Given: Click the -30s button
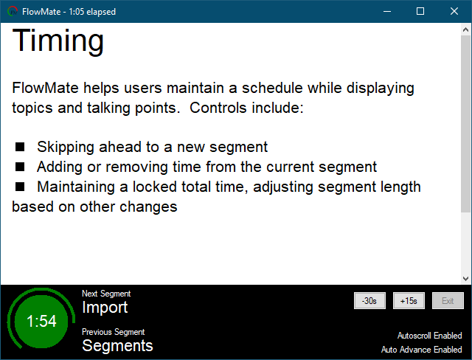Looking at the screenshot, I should pos(369,300).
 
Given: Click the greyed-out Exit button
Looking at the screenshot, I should pos(448,300).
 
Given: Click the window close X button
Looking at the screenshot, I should pos(454,11).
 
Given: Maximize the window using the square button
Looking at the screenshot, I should pos(420,11).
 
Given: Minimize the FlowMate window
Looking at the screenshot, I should pos(386,11).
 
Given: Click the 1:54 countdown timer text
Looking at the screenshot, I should pos(41,322).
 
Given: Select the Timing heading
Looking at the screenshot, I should pos(58,41).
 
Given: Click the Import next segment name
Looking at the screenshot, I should pos(105,308).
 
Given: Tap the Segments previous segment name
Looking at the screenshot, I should pos(117,345).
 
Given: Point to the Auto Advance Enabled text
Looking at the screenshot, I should pos(422,350).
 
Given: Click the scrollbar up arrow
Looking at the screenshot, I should pos(465,30).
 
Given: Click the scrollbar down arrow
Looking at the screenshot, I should pos(465,278).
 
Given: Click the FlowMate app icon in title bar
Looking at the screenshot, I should pos(13,11).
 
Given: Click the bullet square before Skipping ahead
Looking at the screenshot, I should pos(20,147).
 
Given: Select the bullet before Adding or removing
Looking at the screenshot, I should pos(20,167).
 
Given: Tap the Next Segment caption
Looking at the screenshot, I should pos(106,294).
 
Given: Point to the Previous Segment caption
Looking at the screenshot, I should pos(113,332).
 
